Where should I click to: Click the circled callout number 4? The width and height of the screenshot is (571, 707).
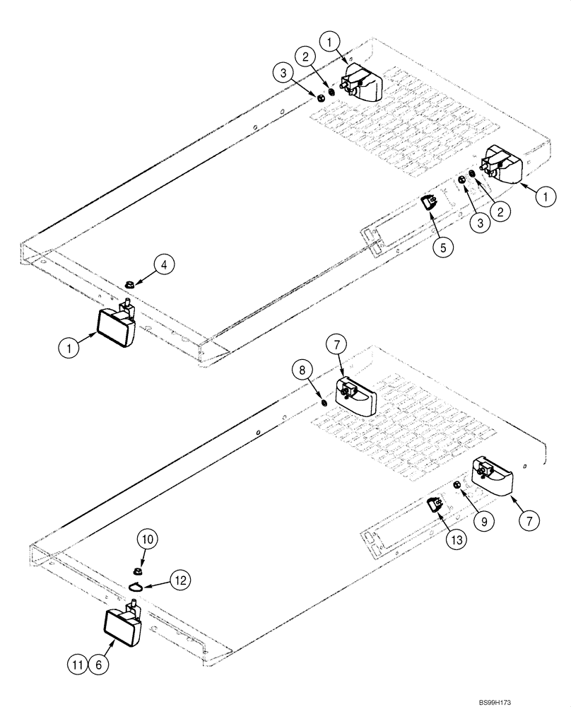pos(163,266)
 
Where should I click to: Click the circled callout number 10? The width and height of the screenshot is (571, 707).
pos(148,540)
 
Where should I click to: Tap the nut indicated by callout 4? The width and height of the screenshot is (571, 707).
pos(129,284)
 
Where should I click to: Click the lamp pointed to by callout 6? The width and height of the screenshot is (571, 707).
pos(123,626)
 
